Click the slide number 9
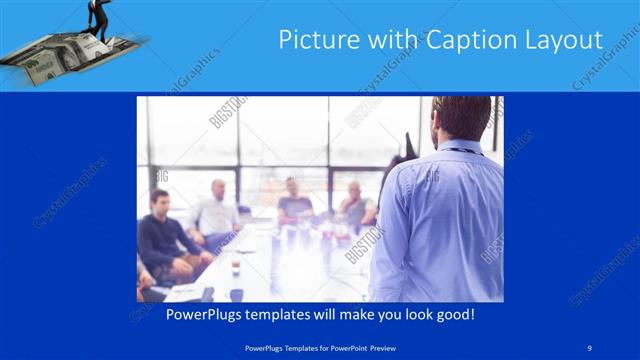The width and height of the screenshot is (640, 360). tap(590, 348)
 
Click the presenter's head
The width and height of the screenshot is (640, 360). tap(461, 118)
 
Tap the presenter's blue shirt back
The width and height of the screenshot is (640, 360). tap(440, 220)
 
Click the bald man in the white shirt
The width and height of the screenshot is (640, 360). tap(217, 212)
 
